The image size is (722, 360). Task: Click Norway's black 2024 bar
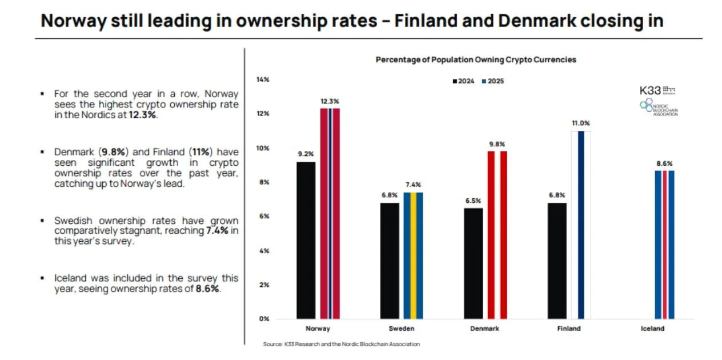306,240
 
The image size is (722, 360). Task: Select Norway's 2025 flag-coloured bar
330,213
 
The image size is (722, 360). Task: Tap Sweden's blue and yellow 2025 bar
413,255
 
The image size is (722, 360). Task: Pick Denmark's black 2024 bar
473,263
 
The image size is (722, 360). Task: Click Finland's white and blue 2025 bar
581,225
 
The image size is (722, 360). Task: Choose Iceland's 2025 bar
664,245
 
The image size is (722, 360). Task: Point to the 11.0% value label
581,123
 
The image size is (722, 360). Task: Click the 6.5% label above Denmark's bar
473,201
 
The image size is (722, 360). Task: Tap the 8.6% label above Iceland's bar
664,163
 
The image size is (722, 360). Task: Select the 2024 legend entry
464,81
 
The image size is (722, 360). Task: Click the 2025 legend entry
492,81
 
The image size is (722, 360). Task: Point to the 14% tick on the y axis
263,79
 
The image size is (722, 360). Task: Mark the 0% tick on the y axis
264,319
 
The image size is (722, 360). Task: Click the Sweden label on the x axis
402,329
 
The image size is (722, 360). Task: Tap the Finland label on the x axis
569,329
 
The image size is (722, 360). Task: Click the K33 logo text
651,90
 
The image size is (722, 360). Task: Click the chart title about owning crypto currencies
476,59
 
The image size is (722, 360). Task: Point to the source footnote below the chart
341,344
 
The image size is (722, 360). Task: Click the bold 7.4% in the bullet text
216,231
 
